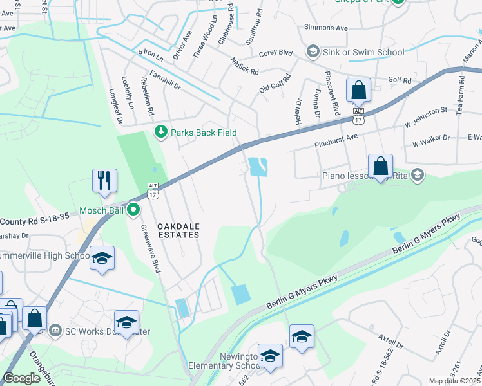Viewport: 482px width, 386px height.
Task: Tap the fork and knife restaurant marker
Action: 104,180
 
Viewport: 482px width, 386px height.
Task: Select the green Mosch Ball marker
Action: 133,209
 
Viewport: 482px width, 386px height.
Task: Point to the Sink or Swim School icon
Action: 313,51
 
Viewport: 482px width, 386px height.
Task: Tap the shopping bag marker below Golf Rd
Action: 358,91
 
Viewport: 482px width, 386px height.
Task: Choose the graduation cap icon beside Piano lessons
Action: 417,174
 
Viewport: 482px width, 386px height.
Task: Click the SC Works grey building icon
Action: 55,331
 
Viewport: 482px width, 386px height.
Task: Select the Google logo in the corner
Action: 21,378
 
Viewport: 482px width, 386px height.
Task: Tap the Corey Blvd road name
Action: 276,55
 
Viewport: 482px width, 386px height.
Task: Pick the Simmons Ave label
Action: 326,28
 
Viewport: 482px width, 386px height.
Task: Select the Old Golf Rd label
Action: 275,84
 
